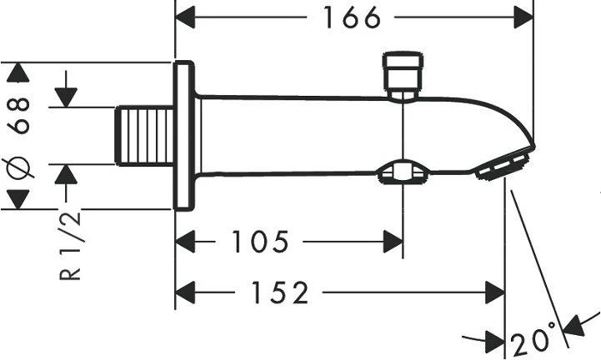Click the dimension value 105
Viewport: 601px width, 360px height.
[260, 242]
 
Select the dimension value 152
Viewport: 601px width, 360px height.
[280, 292]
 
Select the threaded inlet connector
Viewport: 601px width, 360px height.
[145, 136]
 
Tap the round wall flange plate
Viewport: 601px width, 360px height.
[183, 136]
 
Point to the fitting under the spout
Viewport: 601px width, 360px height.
[403, 172]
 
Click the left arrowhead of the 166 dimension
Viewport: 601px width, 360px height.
[187, 17]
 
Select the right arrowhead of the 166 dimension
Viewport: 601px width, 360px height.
[522, 17]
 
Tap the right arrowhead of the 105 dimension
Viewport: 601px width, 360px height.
[392, 242]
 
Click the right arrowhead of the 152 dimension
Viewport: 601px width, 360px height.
[494, 292]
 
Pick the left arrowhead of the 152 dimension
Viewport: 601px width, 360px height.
[186, 292]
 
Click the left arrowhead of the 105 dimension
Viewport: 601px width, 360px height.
[186, 242]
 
